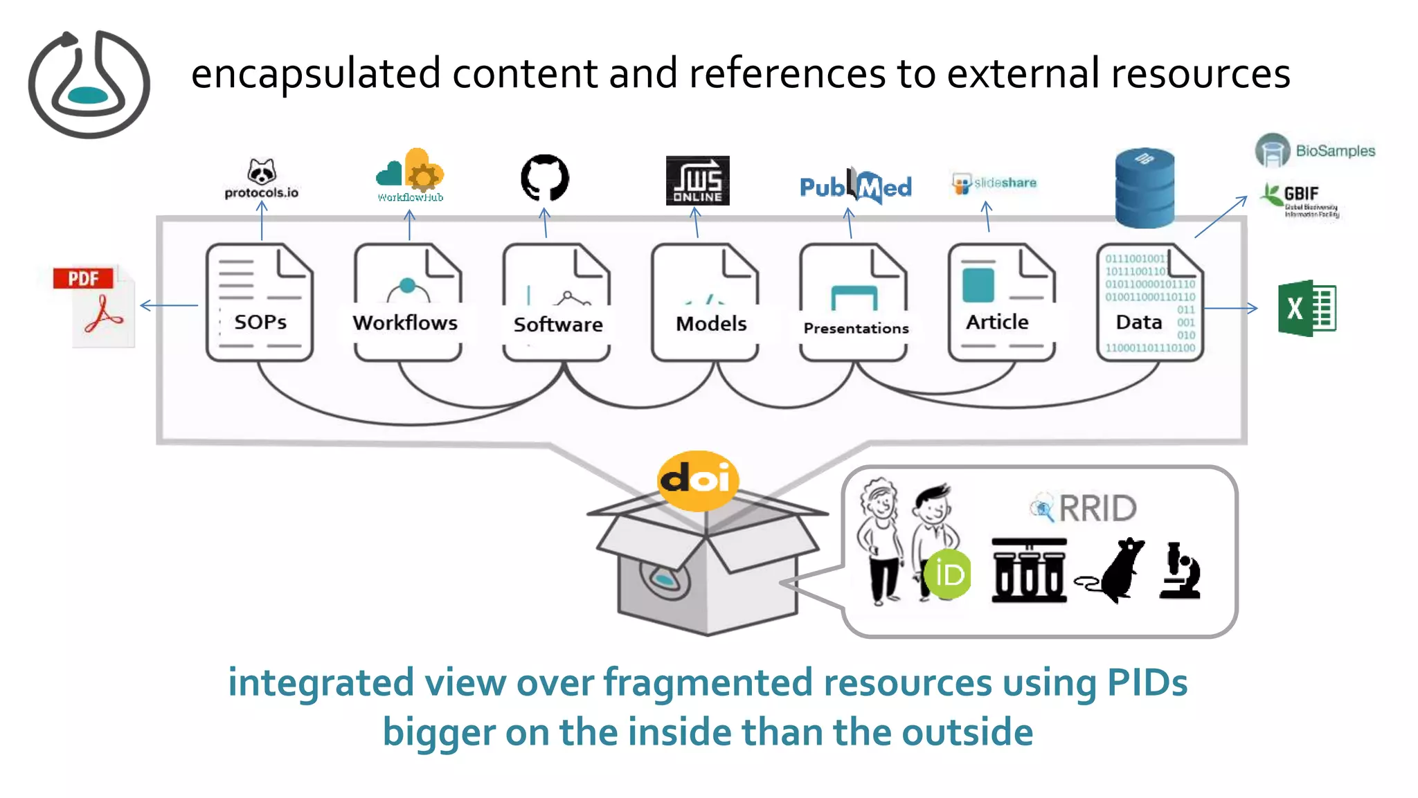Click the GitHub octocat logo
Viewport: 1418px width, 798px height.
545,178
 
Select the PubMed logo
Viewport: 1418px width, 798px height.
856,186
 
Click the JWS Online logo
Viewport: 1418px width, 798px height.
697,180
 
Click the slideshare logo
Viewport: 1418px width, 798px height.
994,183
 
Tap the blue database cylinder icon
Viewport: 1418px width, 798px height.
1145,188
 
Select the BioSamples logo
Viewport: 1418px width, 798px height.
1315,150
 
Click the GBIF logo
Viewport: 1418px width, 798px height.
1300,200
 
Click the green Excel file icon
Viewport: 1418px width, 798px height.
1307,309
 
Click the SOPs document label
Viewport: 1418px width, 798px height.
260,323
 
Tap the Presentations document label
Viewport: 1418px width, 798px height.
856,329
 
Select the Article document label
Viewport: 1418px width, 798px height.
997,323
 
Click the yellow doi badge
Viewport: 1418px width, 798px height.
697,480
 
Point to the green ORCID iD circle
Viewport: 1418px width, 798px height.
948,574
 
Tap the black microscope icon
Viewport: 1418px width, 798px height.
1180,571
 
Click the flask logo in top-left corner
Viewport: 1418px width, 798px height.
89,84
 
